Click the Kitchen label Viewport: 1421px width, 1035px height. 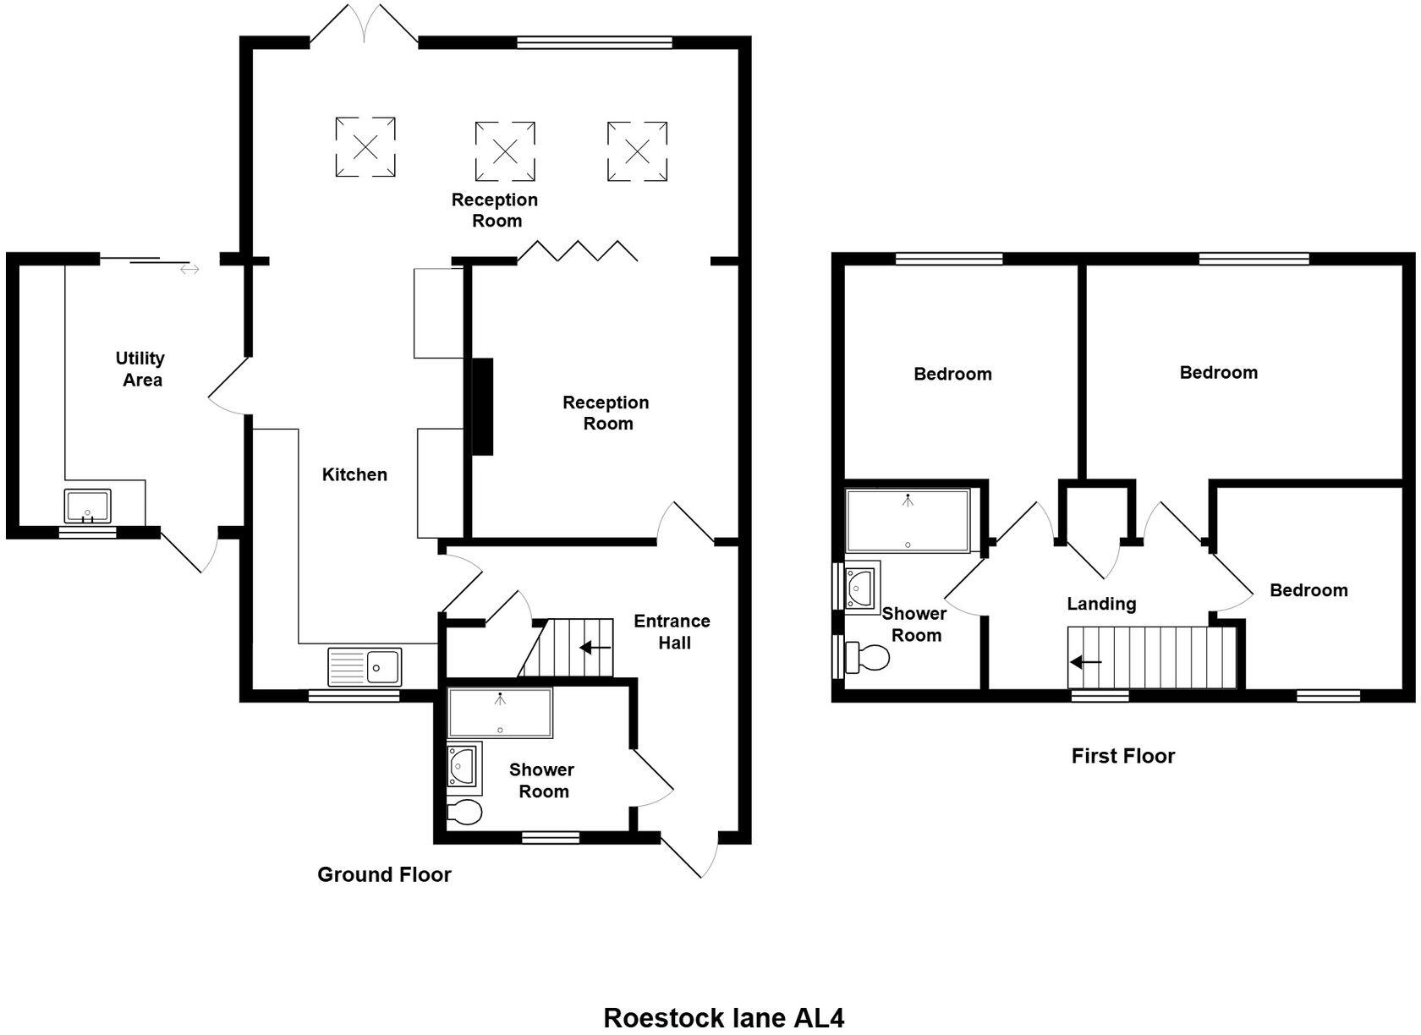click(x=354, y=475)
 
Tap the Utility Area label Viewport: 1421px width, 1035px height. click(x=140, y=370)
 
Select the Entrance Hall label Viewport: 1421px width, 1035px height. click(x=672, y=632)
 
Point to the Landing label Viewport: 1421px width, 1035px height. click(x=1100, y=604)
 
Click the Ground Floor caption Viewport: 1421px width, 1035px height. click(x=384, y=874)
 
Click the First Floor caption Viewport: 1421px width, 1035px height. click(x=1122, y=756)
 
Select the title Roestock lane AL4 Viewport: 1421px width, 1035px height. click(x=723, y=1017)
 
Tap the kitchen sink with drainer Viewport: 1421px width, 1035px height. click(x=365, y=666)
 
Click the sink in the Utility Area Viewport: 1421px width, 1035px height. click(x=87, y=507)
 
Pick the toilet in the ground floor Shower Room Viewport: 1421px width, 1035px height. click(x=464, y=813)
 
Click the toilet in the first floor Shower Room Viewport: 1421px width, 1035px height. click(x=868, y=657)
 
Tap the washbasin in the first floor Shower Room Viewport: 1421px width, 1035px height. click(x=861, y=584)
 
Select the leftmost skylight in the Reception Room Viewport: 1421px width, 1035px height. click(x=365, y=147)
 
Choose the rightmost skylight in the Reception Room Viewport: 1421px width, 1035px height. click(x=637, y=151)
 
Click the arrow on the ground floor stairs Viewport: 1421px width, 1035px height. click(x=595, y=648)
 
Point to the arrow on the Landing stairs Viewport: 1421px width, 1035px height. click(x=1086, y=662)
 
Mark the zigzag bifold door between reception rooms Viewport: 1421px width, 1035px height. click(x=578, y=250)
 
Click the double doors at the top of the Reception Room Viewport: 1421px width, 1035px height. click(x=365, y=24)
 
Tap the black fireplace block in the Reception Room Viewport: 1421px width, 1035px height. click(x=481, y=407)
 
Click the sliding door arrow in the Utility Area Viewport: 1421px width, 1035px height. click(x=189, y=269)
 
